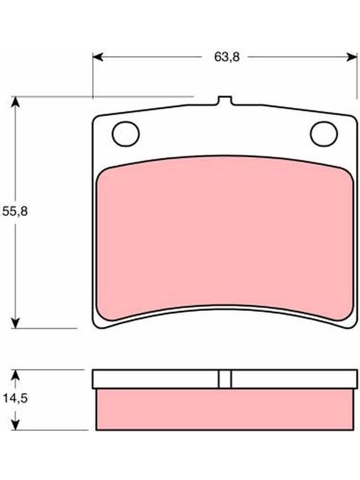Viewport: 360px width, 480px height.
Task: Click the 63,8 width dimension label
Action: (227, 57)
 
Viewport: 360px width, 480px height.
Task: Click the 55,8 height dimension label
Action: (14, 211)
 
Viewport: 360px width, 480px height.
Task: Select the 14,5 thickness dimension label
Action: (15, 398)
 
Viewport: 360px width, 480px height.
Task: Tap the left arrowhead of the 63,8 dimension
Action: (98, 57)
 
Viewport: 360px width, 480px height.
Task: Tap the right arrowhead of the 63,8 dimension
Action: (352, 57)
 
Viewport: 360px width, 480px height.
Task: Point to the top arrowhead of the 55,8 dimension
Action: (15, 102)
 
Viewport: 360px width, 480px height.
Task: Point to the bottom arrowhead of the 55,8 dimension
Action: (15, 323)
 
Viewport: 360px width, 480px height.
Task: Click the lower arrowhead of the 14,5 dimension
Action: (15, 425)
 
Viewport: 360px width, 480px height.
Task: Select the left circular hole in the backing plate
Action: (126, 134)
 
